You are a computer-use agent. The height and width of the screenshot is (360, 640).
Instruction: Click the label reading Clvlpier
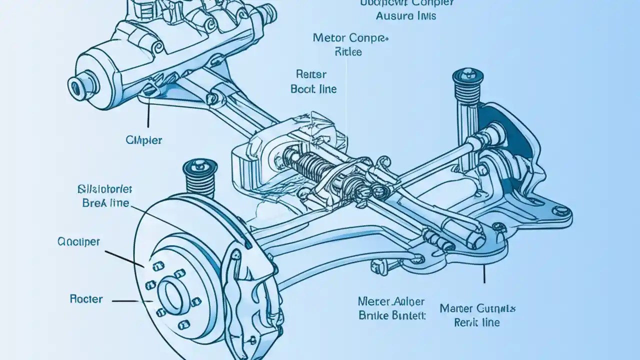click(x=144, y=140)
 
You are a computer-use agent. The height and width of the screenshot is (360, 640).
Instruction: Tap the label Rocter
click(x=86, y=299)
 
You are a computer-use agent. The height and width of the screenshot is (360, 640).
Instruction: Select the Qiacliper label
click(x=78, y=242)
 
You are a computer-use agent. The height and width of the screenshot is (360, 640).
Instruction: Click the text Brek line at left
click(x=105, y=203)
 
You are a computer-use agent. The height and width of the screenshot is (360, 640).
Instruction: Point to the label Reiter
click(x=311, y=75)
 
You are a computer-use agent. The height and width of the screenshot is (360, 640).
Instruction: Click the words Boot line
click(x=313, y=89)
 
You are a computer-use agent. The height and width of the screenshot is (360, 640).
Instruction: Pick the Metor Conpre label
click(x=350, y=38)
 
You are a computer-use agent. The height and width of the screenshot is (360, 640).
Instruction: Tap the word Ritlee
click(x=348, y=52)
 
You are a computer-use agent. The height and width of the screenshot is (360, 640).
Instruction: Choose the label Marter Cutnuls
click(x=477, y=308)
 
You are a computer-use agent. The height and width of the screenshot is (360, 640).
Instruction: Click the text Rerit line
click(x=476, y=322)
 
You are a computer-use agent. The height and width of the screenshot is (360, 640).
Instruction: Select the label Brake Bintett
click(x=392, y=316)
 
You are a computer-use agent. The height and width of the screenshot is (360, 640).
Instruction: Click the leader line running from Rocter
click(x=132, y=301)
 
